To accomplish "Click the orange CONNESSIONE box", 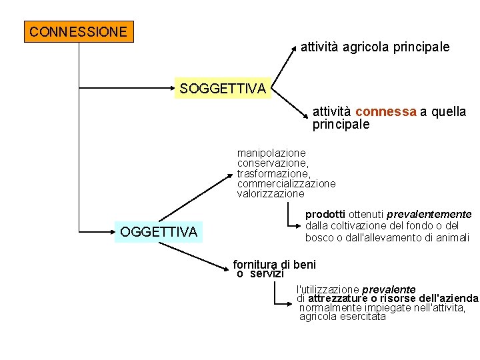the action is [x=79, y=31].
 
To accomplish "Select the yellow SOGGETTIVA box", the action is [x=223, y=88].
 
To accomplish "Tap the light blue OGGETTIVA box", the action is [x=159, y=232].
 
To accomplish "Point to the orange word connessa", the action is [x=386, y=112].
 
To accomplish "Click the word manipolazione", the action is [x=271, y=153].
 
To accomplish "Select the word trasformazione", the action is [x=273, y=173].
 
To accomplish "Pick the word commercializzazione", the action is [x=286, y=184].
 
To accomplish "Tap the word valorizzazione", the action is [x=271, y=194].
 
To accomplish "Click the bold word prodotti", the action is [x=325, y=215].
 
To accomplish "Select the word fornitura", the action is [x=255, y=265].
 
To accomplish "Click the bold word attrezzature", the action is [x=341, y=299].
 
